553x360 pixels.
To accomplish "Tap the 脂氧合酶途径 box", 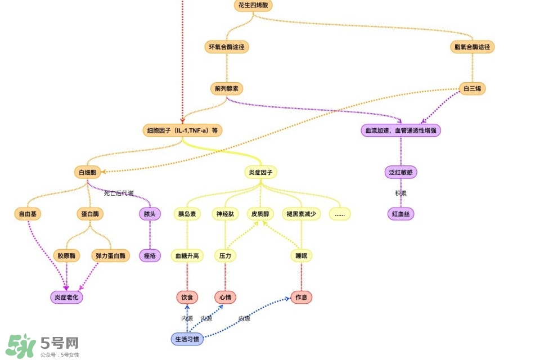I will point(473,47).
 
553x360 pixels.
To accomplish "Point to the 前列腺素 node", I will point(227,88).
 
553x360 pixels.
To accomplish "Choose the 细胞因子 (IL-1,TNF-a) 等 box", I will point(182,130).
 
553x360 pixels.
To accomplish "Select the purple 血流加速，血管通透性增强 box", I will point(401,130).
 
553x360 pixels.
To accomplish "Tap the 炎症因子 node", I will point(260,172).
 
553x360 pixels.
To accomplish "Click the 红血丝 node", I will point(401,214).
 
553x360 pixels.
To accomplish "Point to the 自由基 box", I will point(28,214).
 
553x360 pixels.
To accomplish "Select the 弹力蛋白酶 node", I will point(111,255).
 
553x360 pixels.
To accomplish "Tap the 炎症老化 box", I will point(67,297).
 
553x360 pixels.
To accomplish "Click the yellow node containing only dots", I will point(339,214).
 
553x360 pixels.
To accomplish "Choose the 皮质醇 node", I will point(260,214).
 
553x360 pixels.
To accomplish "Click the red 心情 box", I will point(225,297).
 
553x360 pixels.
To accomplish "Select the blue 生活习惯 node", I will point(187,339).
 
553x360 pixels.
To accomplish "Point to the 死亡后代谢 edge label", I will point(119,193).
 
